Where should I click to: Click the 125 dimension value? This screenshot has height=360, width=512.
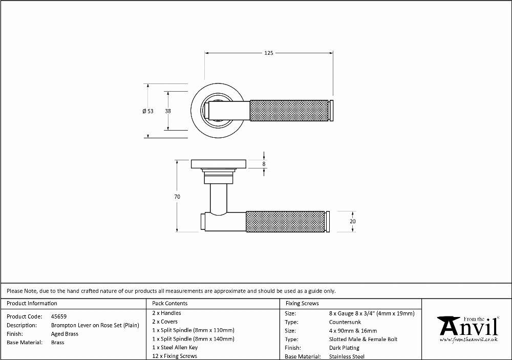tap(268, 53)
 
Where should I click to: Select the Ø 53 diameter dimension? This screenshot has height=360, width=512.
tap(148, 111)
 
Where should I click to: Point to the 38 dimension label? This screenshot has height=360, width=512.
tap(168, 111)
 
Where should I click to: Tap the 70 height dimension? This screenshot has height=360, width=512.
tap(177, 197)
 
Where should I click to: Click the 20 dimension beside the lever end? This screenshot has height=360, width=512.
tap(353, 221)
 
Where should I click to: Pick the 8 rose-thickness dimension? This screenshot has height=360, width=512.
tap(264, 164)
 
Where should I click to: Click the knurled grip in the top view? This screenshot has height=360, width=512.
tap(289, 111)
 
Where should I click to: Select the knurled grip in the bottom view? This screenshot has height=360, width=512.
tap(285, 222)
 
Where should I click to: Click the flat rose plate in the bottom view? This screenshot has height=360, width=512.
tap(219, 164)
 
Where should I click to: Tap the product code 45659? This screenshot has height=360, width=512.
tap(59, 316)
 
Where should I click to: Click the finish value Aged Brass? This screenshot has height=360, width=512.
tap(65, 334)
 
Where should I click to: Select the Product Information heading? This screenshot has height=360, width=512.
tap(32, 304)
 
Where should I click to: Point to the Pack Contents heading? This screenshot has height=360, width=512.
tap(170, 304)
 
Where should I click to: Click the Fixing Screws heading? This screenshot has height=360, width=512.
tap(302, 304)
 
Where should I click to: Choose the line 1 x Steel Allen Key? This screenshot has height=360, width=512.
tap(175, 348)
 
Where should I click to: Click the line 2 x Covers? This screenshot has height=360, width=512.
tap(165, 322)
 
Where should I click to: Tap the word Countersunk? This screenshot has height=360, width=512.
tap(345, 322)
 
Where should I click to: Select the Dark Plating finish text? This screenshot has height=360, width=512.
tap(344, 348)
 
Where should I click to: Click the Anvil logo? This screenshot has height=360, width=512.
tap(469, 329)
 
